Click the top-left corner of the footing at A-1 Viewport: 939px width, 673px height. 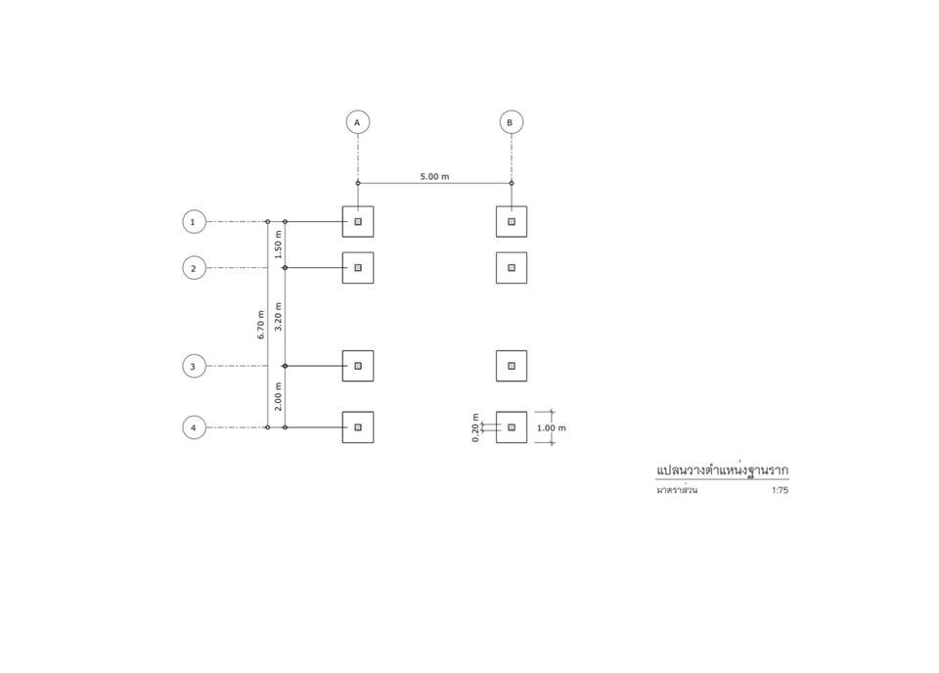click(x=342, y=206)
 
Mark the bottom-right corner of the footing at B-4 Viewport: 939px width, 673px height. click(x=527, y=442)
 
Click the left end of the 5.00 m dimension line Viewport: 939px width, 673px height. click(x=358, y=183)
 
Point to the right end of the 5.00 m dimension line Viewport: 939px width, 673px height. click(x=512, y=183)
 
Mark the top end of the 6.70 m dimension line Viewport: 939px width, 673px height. click(x=268, y=221)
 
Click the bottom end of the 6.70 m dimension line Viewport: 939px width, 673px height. click(x=268, y=427)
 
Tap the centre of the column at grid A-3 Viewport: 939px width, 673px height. click(x=358, y=366)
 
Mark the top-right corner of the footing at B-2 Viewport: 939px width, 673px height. click(x=527, y=252)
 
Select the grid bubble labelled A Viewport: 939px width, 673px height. click(x=358, y=122)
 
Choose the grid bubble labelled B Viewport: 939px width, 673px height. click(x=512, y=122)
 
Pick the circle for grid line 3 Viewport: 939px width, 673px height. click(x=194, y=366)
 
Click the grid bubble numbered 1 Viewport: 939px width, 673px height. click(x=194, y=221)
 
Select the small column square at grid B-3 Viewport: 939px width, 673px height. click(x=512, y=366)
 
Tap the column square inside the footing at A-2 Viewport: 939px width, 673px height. click(x=358, y=268)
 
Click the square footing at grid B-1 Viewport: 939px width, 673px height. click(x=512, y=221)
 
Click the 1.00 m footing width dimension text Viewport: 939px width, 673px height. click(x=551, y=428)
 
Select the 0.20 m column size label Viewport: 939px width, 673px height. click(x=475, y=427)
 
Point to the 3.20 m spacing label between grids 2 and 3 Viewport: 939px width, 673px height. click(x=278, y=317)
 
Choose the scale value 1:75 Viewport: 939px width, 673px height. click(x=780, y=490)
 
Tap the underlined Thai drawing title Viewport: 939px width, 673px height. click(x=722, y=471)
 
